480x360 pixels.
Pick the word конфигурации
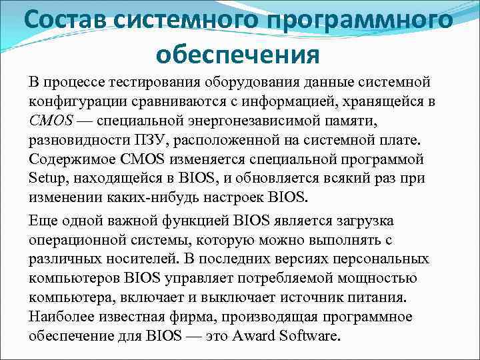tap(73, 101)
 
